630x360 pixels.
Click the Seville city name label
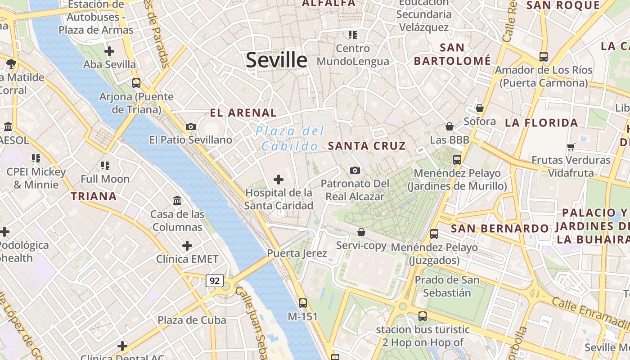pyautogui.click(x=276, y=60)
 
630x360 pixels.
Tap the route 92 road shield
pyautogui.click(x=215, y=281)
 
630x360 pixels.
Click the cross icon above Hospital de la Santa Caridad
pyautogui.click(x=279, y=180)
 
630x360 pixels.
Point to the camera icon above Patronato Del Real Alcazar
pyautogui.click(x=355, y=170)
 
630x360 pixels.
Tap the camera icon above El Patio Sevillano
pyautogui.click(x=191, y=126)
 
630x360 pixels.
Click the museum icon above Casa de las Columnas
pyautogui.click(x=177, y=200)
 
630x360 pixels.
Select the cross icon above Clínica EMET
pyautogui.click(x=187, y=246)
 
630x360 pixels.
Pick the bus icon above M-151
pyautogui.click(x=303, y=303)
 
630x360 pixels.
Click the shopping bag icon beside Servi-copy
pyautogui.click(x=361, y=232)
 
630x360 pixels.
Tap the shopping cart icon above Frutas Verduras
pyautogui.click(x=571, y=147)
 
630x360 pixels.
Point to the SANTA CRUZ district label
pyautogui.click(x=367, y=146)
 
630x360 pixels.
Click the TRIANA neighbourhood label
pyautogui.click(x=94, y=196)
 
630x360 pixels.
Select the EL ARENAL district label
pyautogui.click(x=243, y=112)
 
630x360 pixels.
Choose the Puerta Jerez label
pyautogui.click(x=297, y=253)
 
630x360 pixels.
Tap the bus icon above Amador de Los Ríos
pyautogui.click(x=544, y=57)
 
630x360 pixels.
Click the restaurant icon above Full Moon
pyautogui.click(x=105, y=166)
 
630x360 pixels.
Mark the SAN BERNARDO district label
pyautogui.click(x=499, y=229)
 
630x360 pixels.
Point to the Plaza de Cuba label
pyautogui.click(x=192, y=320)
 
